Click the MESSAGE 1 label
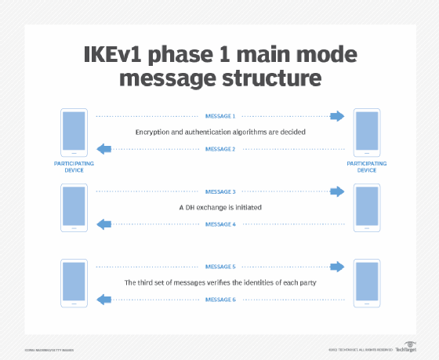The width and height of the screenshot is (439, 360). tap(219, 116)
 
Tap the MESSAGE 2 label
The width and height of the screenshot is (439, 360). tap(219, 149)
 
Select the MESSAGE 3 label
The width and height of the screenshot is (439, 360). tap(219, 191)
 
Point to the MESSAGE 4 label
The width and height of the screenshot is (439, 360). tap(219, 224)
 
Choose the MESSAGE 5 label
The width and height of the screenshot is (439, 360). tap(219, 267)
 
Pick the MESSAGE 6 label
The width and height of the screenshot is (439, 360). tap(219, 300)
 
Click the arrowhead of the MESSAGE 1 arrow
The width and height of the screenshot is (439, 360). tap(337, 116)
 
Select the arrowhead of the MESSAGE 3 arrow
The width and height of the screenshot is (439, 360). tap(337, 191)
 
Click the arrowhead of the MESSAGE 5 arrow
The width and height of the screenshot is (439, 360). tap(337, 267)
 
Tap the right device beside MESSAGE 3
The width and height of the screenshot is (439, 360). tap(366, 208)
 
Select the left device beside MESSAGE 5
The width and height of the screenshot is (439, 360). tap(74, 283)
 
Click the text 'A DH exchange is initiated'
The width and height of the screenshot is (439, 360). tap(219, 208)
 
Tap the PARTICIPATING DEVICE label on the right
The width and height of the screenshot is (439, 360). tap(366, 167)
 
